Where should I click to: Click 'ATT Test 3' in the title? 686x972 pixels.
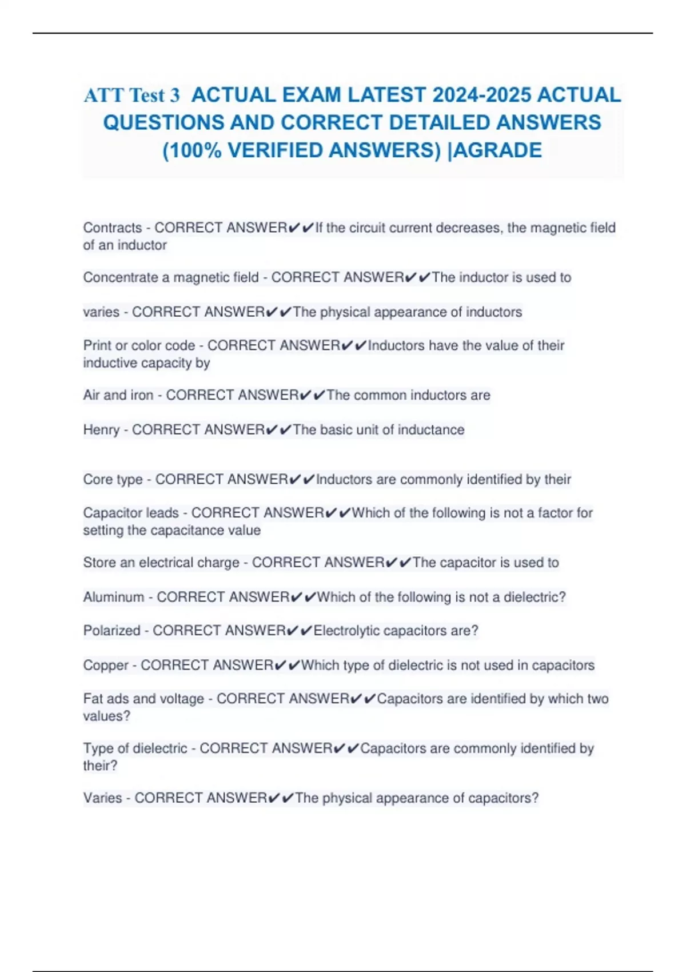pyautogui.click(x=131, y=95)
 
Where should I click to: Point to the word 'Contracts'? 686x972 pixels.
pyautogui.click(x=113, y=228)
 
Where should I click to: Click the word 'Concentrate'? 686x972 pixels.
pyautogui.click(x=126, y=277)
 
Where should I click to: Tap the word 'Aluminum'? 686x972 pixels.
pyautogui.click(x=113, y=597)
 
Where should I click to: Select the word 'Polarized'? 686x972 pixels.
pyautogui.click(x=111, y=630)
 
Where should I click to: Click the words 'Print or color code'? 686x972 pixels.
pyautogui.click(x=139, y=345)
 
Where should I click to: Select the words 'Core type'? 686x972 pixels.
pyautogui.click(x=113, y=479)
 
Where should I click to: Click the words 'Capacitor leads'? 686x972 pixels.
pyautogui.click(x=131, y=513)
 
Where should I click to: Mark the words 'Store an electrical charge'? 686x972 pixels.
pyautogui.click(x=161, y=563)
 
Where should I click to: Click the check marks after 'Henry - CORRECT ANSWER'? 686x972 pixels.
pyautogui.click(x=278, y=429)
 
